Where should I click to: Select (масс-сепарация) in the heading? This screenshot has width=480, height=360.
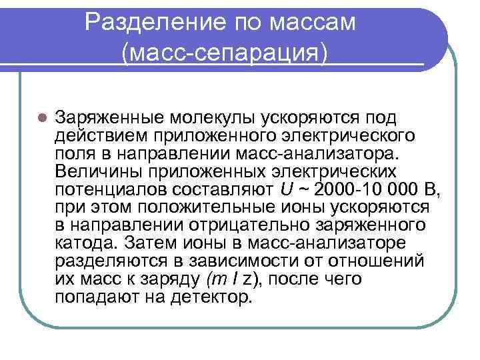(x=225, y=53)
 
